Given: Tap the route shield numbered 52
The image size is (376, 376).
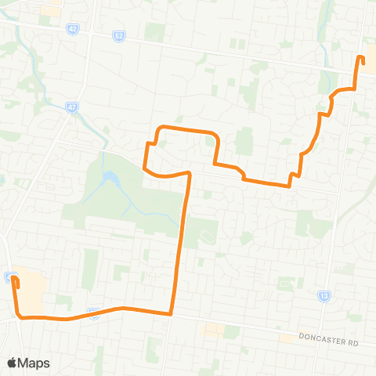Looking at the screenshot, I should click(119, 37).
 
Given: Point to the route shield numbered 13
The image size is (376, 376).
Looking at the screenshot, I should click(324, 296).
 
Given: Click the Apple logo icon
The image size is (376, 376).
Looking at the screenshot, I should click(13, 363).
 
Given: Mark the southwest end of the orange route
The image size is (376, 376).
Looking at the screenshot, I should click(14, 277).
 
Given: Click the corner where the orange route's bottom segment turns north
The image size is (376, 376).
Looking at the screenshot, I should click(171, 313).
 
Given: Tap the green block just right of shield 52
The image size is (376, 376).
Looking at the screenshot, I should click(154, 33).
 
